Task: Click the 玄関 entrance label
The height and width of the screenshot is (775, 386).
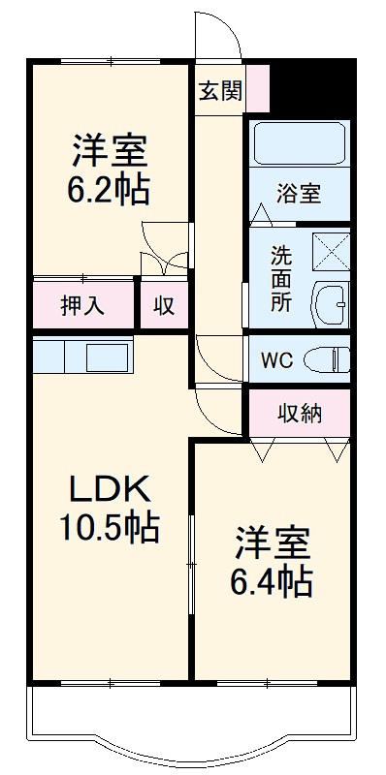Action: pos(220,91)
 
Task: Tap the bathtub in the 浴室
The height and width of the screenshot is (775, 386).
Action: pos(299,142)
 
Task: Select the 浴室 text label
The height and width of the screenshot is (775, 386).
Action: pos(298,194)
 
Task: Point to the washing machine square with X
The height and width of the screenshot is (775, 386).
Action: pos(332,250)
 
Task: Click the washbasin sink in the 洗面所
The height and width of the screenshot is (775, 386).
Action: pos(331,302)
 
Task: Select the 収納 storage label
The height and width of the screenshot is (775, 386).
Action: pos(300,414)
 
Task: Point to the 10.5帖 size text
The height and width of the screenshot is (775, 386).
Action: pos(107,528)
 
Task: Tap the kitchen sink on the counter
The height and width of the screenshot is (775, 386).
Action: pos(108,356)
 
